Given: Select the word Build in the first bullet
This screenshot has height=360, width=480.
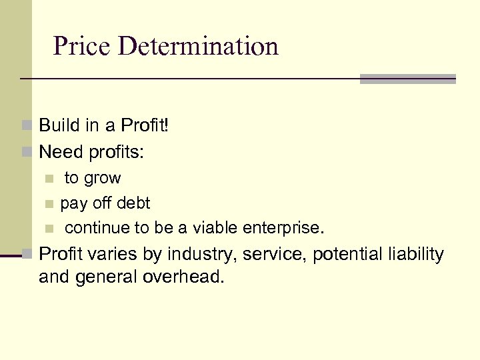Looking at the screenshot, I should coord(57,125).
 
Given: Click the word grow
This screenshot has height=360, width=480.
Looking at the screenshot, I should coord(102,179).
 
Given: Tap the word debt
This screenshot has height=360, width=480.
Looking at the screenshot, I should coord(133,203).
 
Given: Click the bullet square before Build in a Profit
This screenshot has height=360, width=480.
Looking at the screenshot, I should coord(27,125).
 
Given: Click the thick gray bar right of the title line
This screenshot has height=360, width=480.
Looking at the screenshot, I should coord(407,79).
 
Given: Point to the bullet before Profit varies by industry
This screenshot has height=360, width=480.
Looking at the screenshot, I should coord(27,254).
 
